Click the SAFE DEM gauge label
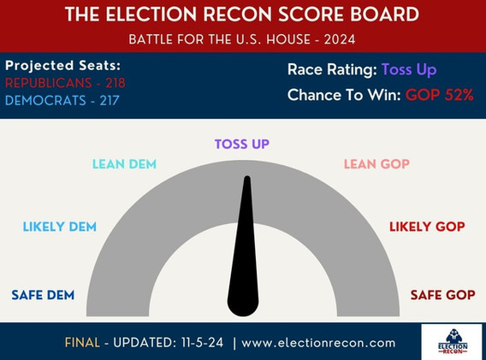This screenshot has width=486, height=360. [x=43, y=295]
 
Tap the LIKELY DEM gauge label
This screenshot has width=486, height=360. [x=60, y=227]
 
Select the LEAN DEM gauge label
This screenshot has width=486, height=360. [x=124, y=164]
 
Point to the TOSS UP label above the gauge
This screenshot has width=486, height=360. [x=242, y=144]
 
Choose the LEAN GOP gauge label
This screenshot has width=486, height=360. [x=376, y=164]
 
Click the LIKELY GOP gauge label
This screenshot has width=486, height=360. [x=427, y=227]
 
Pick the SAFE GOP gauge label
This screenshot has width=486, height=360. [x=443, y=295]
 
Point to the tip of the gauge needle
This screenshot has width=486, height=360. [x=247, y=177]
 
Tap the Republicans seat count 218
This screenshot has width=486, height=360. [x=116, y=83]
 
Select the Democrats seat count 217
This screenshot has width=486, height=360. [x=110, y=101]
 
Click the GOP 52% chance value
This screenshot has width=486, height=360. [x=440, y=95]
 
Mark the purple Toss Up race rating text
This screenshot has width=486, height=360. [x=409, y=70]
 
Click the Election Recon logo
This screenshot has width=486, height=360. [x=453, y=342]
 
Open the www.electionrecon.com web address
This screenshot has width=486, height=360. [x=318, y=343]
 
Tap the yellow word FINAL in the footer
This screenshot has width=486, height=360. [x=82, y=343]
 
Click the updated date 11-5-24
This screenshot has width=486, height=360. [x=202, y=343]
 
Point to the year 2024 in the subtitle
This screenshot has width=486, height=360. [x=340, y=39]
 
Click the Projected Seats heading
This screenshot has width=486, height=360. [x=63, y=66]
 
